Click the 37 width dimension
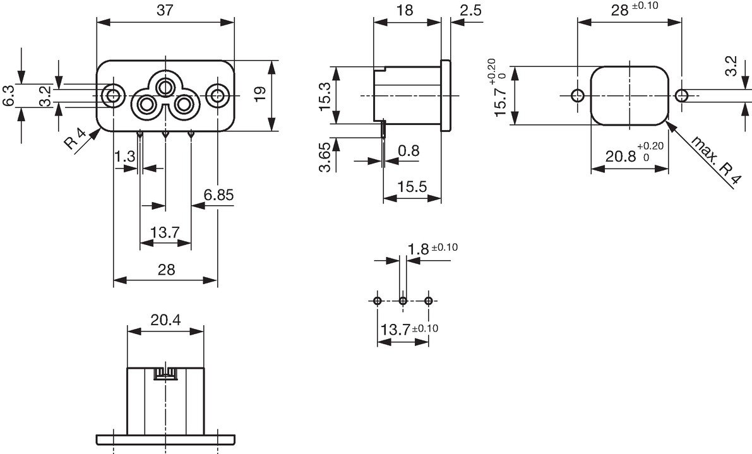tap(165, 11)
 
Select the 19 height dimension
tap(260, 93)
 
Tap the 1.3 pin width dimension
tap(124, 157)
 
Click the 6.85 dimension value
tap(218, 194)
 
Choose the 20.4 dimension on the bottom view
tap(165, 320)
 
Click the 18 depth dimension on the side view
tap(405, 10)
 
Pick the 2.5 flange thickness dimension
tap(470, 10)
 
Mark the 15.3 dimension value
tap(325, 96)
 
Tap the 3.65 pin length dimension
tap(325, 157)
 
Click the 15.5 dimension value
tap(412, 186)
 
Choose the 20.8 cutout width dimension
tap(635, 153)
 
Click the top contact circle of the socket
tap(165, 88)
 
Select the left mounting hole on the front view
tap(113, 95)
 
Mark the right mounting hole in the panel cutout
tap(681, 95)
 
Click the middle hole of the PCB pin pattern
tap(403, 301)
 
